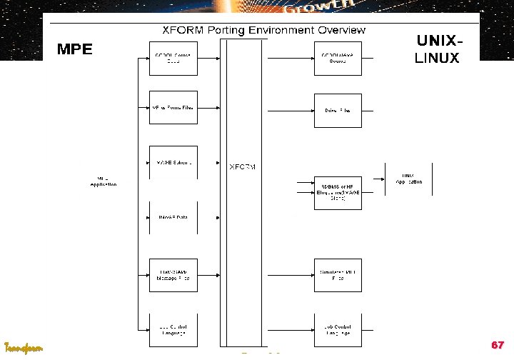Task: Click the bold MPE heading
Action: (75, 50)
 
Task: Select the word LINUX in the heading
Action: (437, 59)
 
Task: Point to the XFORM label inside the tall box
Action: (242, 167)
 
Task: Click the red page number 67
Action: (498, 345)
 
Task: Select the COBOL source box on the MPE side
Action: (172, 58)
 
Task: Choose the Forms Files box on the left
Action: (172, 108)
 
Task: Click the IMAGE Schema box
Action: (172, 163)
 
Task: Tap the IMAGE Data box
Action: (172, 217)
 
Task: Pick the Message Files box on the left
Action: (172, 275)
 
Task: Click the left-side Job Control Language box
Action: (172, 330)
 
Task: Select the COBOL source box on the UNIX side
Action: (337, 58)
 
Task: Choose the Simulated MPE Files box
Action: (337, 275)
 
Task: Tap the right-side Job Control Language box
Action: (337, 330)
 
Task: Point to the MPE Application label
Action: (103, 181)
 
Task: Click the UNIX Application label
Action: (408, 179)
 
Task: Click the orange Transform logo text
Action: (24, 348)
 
